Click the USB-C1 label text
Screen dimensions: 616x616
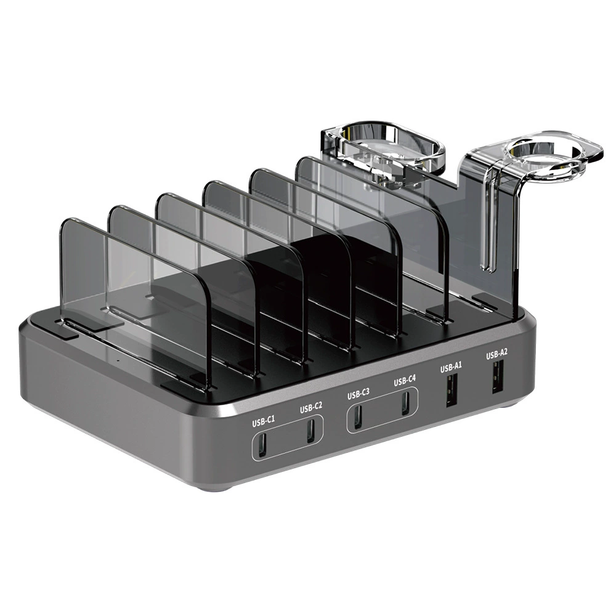coord(263,421)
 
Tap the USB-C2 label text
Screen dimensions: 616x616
coord(310,408)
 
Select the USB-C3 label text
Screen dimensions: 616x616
coord(359,394)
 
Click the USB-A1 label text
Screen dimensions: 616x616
coord(451,368)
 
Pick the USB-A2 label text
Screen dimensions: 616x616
coord(497,355)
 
